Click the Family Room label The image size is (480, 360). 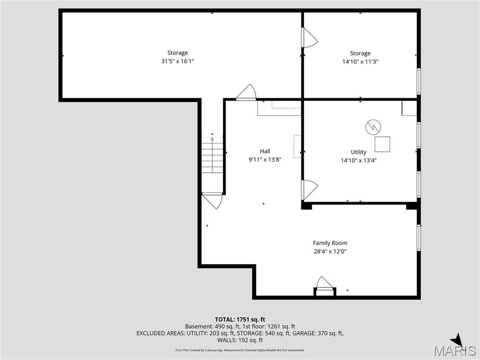[330, 243]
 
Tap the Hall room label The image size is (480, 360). [265, 151]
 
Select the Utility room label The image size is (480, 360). [359, 152]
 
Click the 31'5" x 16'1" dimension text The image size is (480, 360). [178, 61]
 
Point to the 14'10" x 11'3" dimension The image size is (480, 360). [360, 61]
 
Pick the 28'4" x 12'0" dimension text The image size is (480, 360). [330, 251]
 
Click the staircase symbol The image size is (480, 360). [212, 154]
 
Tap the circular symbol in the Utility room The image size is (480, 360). [373, 126]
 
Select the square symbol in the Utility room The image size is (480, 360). [382, 144]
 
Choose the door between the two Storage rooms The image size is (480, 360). [309, 37]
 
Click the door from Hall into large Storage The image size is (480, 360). [247, 93]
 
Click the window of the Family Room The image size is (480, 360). [419, 238]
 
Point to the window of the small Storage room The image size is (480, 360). [419, 82]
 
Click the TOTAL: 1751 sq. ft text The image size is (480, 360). [240, 319]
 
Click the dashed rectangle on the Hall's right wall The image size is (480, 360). [297, 146]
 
